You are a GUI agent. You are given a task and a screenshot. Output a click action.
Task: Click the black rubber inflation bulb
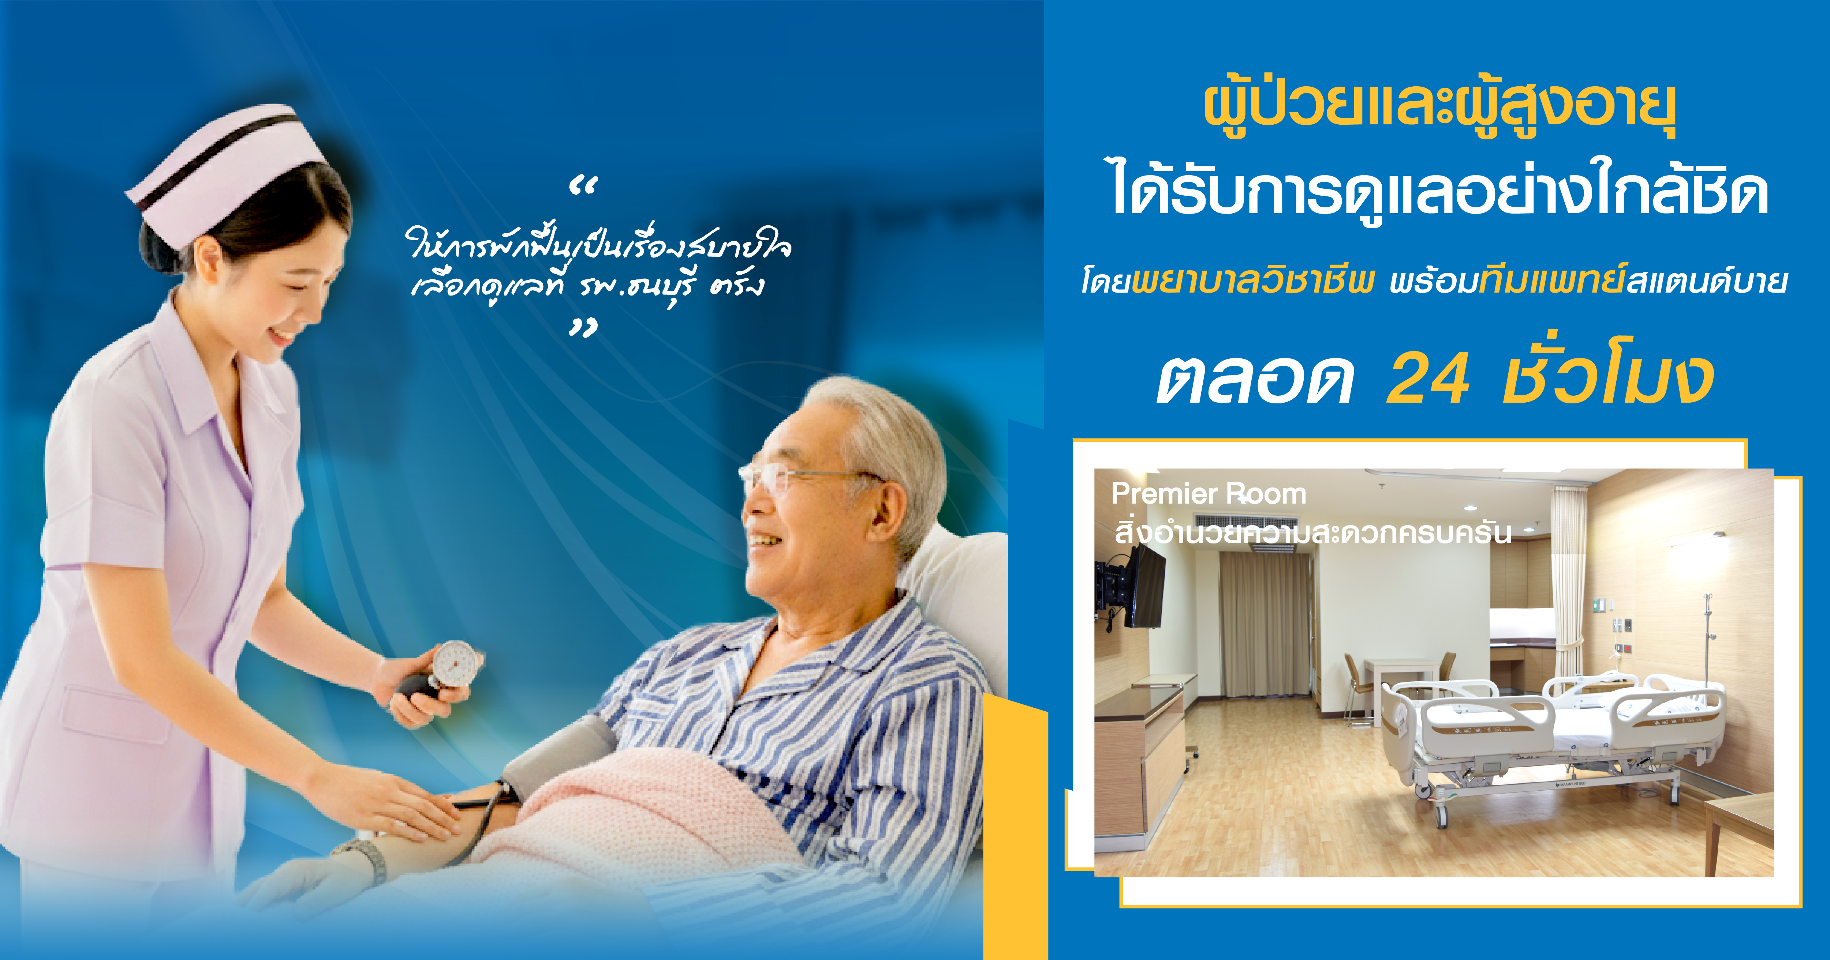pos(415,689)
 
